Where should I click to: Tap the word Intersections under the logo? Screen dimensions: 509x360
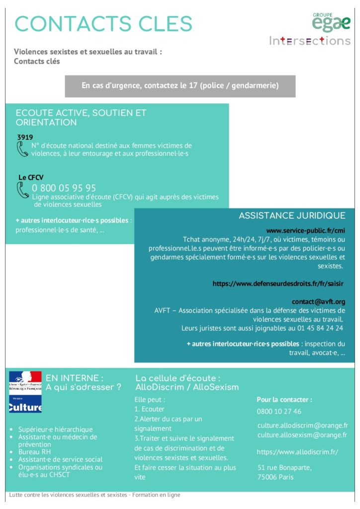pos(310,41)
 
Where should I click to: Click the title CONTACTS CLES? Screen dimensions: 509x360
pos(103,24)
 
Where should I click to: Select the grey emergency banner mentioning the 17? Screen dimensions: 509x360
pos(180,86)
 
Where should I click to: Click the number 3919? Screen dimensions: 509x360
pos(25,137)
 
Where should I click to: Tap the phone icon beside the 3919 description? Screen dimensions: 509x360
pos(22,149)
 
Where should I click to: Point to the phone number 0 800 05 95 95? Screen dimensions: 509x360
pos(64,188)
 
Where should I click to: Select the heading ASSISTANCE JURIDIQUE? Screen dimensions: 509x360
pos(292,216)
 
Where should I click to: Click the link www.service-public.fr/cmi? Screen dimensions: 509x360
pos(305,231)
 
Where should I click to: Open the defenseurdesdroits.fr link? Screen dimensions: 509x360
pos(278,283)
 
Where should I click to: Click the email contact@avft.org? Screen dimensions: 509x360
pos(318,301)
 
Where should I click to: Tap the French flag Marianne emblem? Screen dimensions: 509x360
pos(25,380)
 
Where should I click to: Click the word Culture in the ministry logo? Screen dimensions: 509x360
pos(25,408)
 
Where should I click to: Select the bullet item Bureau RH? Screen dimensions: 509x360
pos(35,452)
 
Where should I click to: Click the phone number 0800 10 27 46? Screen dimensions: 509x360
pos(279,412)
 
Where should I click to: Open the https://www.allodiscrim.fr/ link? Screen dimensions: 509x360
pos(297,452)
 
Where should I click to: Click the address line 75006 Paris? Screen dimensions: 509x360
pos(275,477)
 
